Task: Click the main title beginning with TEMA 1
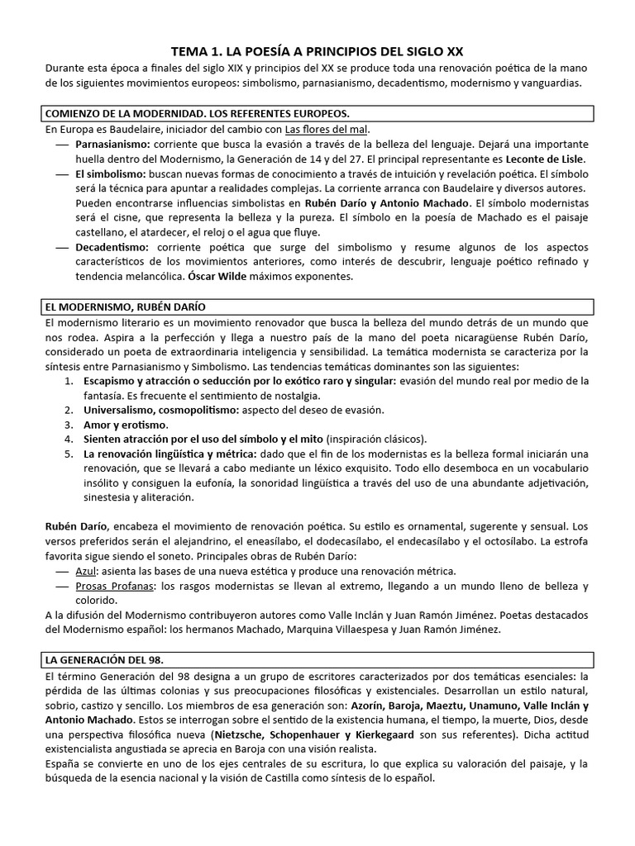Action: pos(317,51)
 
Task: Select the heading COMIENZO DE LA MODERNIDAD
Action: pos(186,112)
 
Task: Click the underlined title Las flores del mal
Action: pos(327,130)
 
